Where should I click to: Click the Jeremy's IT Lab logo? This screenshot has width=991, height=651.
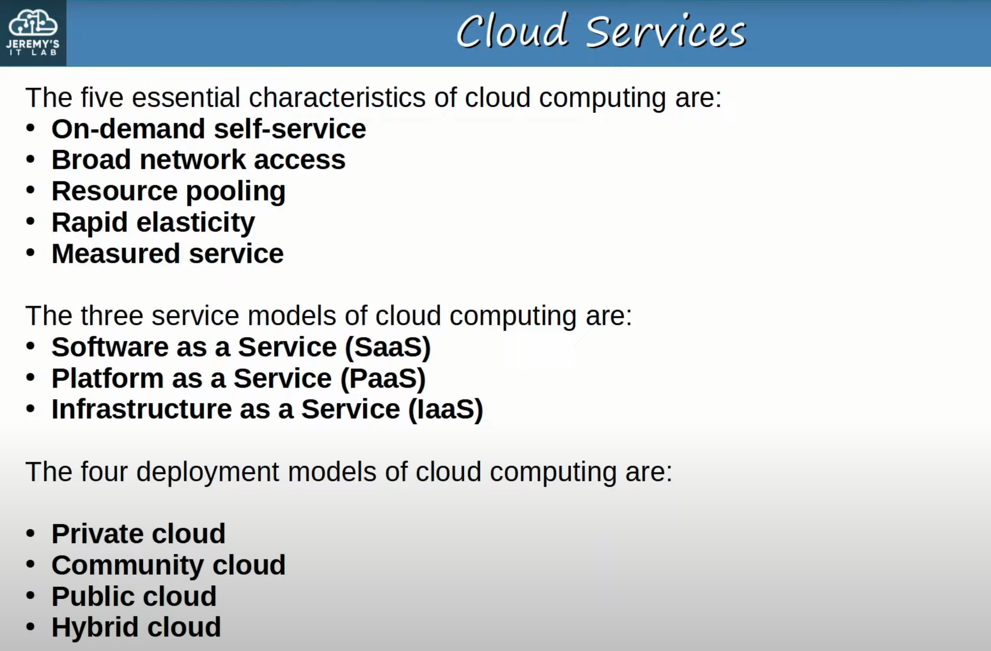pyautogui.click(x=33, y=33)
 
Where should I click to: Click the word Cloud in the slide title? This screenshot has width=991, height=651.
pyautogui.click(x=513, y=31)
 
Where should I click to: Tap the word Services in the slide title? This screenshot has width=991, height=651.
pyautogui.click(x=666, y=32)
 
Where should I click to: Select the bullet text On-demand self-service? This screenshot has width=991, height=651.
pyautogui.click(x=209, y=129)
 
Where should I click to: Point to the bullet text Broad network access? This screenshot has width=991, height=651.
pyautogui.click(x=198, y=160)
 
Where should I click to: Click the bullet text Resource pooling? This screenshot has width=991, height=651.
pyautogui.click(x=168, y=191)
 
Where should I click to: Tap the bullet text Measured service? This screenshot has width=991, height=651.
pyautogui.click(x=167, y=254)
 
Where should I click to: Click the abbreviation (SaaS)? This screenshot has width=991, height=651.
pyautogui.click(x=387, y=347)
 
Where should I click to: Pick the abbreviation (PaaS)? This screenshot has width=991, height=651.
pyautogui.click(x=383, y=378)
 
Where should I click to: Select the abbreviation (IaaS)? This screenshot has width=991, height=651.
pyautogui.click(x=445, y=409)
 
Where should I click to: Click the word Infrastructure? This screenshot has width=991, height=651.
pyautogui.click(x=142, y=409)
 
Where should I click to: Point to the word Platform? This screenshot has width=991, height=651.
pyautogui.click(x=107, y=378)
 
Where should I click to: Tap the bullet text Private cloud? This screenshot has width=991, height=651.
pyautogui.click(x=139, y=533)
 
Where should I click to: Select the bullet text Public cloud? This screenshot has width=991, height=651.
pyautogui.click(x=134, y=596)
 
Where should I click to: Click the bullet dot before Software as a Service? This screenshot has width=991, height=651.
pyautogui.click(x=31, y=346)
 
